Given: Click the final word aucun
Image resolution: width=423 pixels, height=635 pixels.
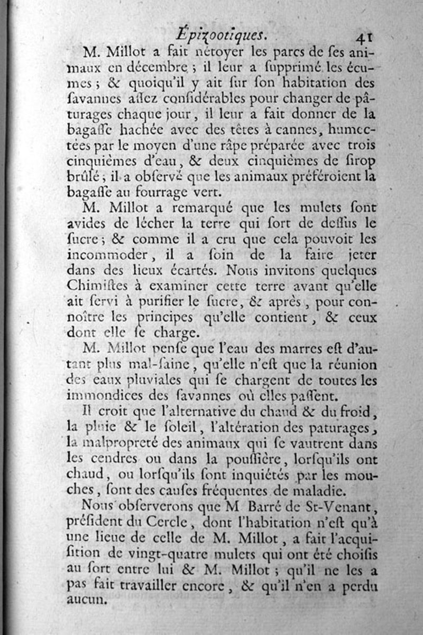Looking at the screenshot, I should click(87, 600).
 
